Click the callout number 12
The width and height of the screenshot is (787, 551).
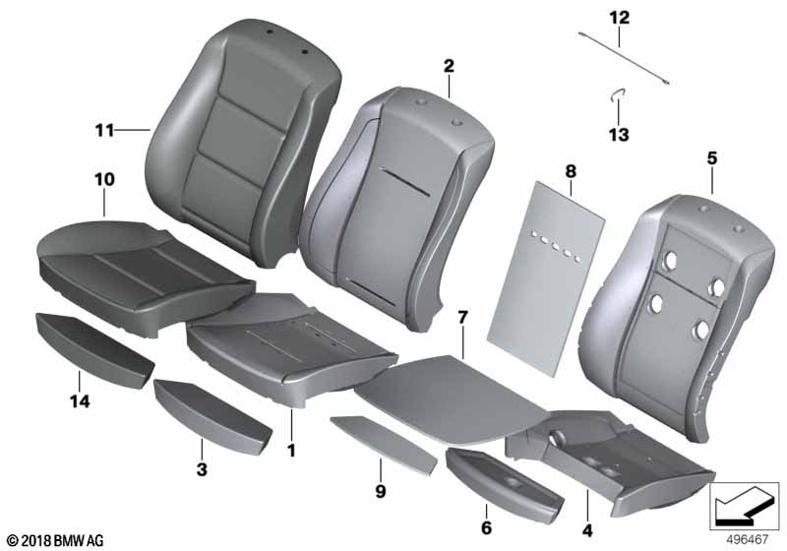[x=618, y=17]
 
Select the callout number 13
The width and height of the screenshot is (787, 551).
[x=619, y=135]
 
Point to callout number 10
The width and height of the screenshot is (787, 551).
[x=104, y=179]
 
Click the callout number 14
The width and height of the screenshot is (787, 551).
[x=79, y=400]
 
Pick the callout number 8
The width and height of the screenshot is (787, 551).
[x=570, y=171]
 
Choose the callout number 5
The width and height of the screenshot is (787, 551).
[x=711, y=157]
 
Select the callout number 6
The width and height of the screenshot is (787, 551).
[x=485, y=528]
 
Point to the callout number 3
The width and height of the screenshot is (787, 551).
[x=202, y=471]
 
